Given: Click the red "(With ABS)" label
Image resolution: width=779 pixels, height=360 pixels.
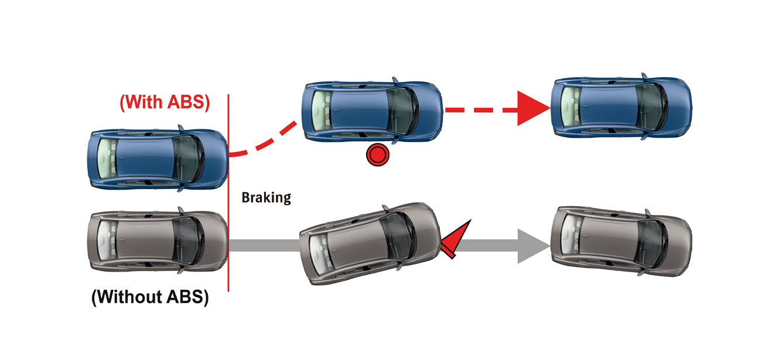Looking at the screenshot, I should pos(165,102).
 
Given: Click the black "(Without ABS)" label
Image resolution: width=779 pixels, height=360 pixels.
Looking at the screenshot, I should pos(151,297).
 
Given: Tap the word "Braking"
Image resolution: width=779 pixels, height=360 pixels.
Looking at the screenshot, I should pos(266,197).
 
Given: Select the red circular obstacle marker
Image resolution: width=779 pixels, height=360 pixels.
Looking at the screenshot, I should pos(377,156).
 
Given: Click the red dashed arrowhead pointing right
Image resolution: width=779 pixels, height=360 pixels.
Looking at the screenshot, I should pos(533,109).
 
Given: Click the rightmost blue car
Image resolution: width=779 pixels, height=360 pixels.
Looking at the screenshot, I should pos(621,106).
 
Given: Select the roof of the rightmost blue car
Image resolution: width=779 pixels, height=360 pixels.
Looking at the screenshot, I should pos(609,106).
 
